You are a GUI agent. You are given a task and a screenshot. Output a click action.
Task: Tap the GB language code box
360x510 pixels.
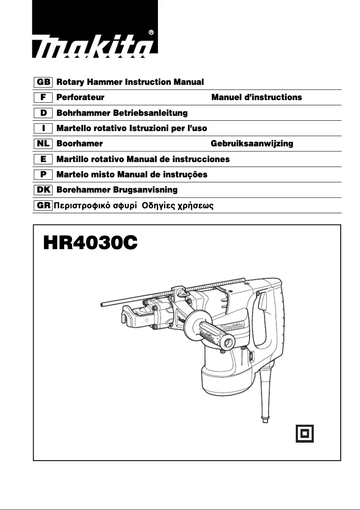pos(44,82)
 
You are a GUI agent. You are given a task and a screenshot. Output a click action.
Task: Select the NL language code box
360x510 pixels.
pos(44,144)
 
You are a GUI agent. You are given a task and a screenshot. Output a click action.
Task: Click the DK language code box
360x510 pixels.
pos(44,189)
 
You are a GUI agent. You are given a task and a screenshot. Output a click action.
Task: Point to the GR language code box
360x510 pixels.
pos(44,206)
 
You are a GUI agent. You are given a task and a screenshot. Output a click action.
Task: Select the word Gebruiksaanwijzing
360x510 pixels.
pos(252,144)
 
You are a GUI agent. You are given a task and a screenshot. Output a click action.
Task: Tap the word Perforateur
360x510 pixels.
pos(80,97)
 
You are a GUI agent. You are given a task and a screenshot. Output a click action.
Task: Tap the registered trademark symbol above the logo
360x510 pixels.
pos(151,32)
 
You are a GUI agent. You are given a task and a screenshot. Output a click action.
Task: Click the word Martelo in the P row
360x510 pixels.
pos(72,174)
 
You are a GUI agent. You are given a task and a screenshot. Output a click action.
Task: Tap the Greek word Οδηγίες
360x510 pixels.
pos(158,206)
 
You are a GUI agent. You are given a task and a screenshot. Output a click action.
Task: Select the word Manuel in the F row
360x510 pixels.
pos(227,97)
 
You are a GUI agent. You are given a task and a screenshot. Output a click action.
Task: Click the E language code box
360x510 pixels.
pos(44,159)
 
